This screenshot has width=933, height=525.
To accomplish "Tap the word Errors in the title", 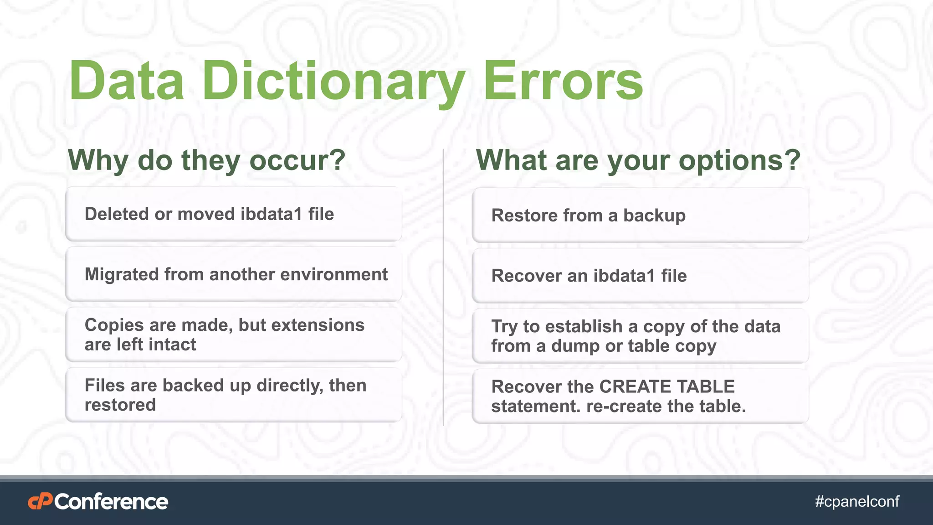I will (563, 82).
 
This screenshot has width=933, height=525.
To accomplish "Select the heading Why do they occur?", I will (206, 160).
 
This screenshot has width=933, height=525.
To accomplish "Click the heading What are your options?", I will (638, 160).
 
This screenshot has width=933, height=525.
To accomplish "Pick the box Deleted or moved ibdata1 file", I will (233, 214).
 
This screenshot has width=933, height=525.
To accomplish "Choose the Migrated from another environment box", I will (233, 275).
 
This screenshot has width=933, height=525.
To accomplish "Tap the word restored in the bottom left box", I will (120, 405).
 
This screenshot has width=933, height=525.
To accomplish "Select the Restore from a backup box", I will (640, 216).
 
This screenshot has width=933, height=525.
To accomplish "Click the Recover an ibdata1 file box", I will (640, 276).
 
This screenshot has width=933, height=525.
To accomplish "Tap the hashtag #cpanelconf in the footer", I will (857, 502).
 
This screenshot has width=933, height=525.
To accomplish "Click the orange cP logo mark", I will (40, 502).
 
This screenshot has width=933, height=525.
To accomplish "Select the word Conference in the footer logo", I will (111, 502).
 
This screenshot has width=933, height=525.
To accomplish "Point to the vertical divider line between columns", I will (443, 287).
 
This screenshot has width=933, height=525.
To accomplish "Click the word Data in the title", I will (127, 82).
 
